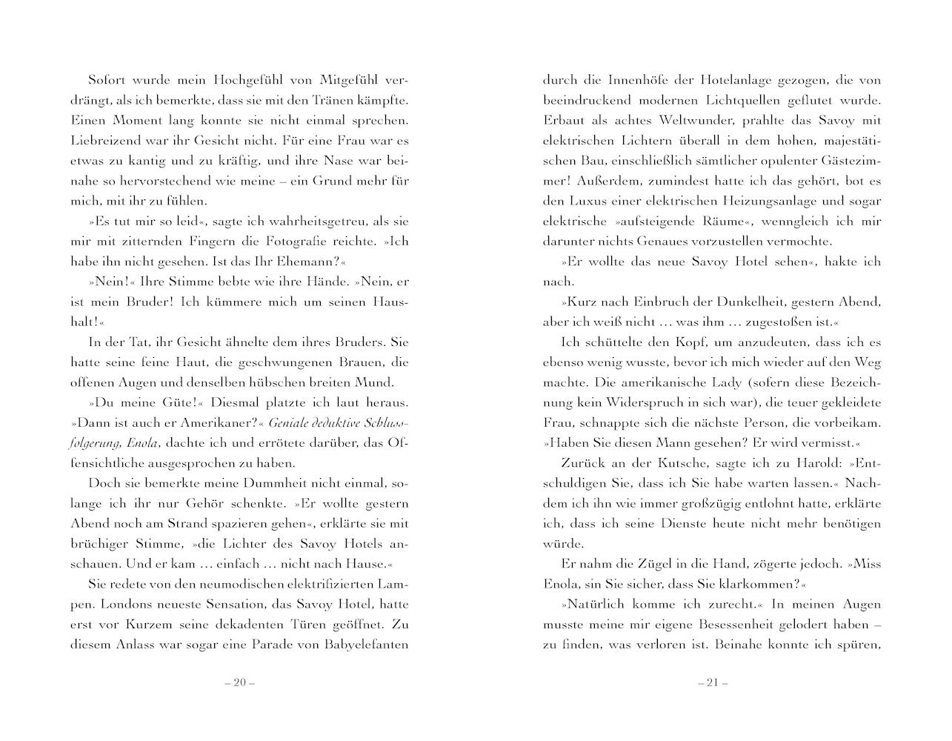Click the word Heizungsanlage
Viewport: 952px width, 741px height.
(x=751, y=201)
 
